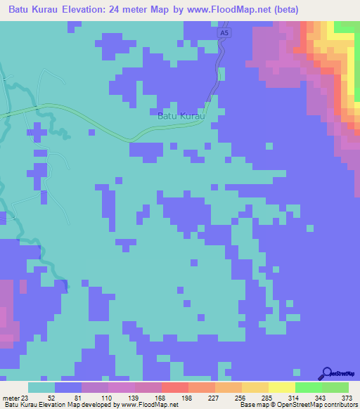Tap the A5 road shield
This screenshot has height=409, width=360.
pos(224,33)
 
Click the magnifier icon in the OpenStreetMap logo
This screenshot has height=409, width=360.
pos(326,372)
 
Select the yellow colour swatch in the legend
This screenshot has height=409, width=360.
pos(282,388)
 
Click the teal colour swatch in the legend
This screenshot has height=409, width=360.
pos(41,388)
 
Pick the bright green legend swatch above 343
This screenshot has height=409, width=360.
pos(309,388)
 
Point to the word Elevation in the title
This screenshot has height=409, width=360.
pos(89,10)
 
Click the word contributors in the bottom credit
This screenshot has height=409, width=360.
pos(339,405)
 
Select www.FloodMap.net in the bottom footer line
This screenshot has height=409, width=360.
pos(150,405)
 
